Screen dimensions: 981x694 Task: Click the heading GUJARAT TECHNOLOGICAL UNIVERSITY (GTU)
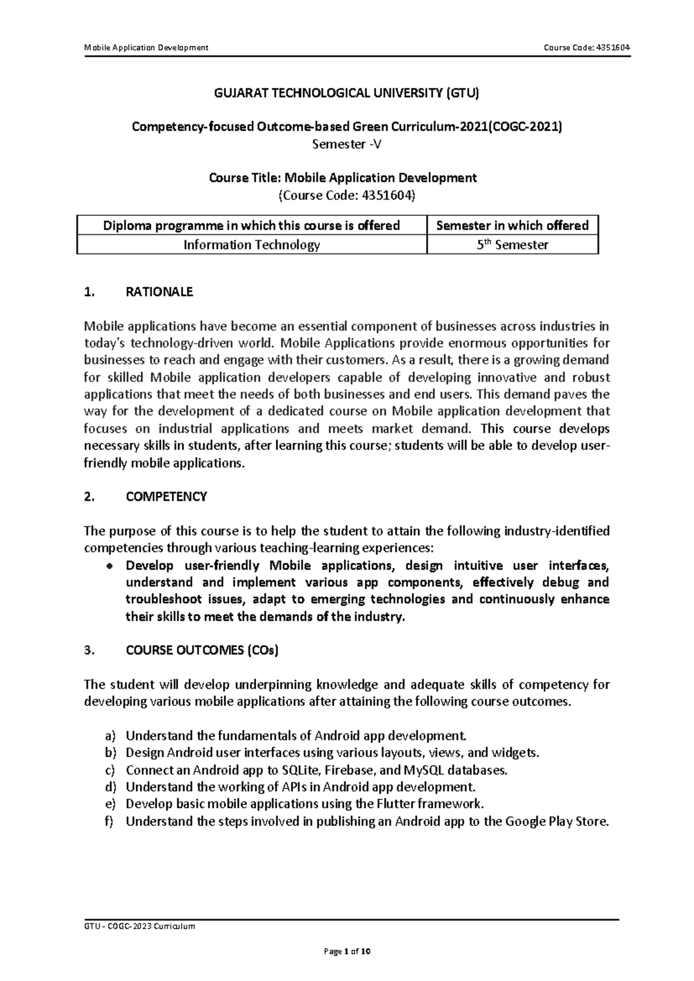pyautogui.click(x=346, y=93)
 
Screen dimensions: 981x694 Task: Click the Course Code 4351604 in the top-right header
pyautogui.click(x=586, y=47)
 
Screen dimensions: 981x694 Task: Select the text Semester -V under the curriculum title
pyautogui.click(x=346, y=145)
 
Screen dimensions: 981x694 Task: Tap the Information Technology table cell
pyautogui.click(x=252, y=245)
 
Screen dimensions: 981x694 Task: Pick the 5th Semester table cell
pyautogui.click(x=512, y=245)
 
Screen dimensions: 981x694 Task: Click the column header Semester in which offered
pyautogui.click(x=512, y=226)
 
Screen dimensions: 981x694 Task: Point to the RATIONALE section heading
pyautogui.click(x=159, y=292)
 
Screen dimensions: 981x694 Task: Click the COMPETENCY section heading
pyautogui.click(x=166, y=497)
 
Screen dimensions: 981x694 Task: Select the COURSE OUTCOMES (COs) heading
pyautogui.click(x=202, y=650)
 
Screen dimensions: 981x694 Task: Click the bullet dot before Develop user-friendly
pyautogui.click(x=108, y=566)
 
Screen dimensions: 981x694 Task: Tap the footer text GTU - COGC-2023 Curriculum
pyautogui.click(x=139, y=926)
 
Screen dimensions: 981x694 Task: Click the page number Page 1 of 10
pyautogui.click(x=346, y=951)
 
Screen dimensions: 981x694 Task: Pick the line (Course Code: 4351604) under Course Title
pyautogui.click(x=346, y=195)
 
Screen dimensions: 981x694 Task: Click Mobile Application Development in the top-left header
pyautogui.click(x=146, y=47)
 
